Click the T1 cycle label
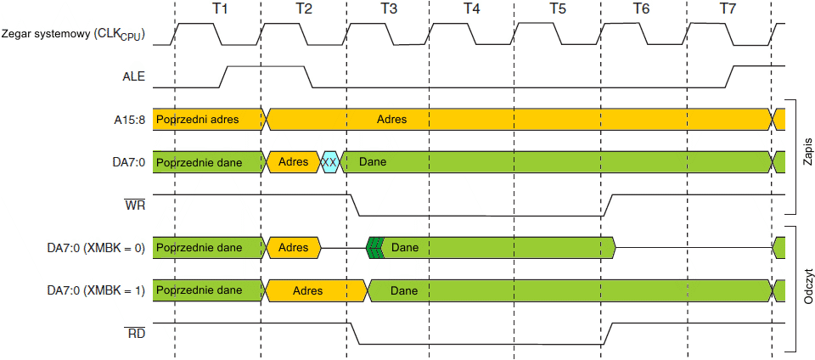click(x=220, y=8)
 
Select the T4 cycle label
click(x=471, y=8)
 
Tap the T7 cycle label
click(x=728, y=8)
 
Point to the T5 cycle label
click(x=557, y=8)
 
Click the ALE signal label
click(x=134, y=76)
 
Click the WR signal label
click(x=135, y=205)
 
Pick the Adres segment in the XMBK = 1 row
click(x=307, y=290)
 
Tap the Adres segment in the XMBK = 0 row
click(x=293, y=248)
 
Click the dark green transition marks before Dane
click(x=374, y=248)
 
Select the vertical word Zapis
click(x=807, y=155)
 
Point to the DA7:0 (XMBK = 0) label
click(x=95, y=248)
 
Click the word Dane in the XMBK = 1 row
click(x=404, y=290)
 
